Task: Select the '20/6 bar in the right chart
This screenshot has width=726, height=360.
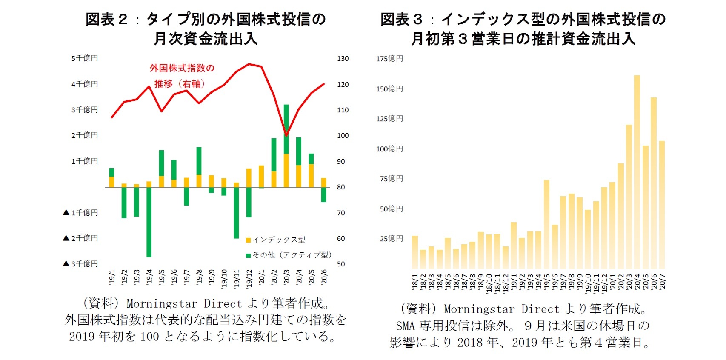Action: pyautogui.click(x=654, y=183)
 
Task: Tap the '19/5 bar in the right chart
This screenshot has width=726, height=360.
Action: pyautogui.click(x=547, y=224)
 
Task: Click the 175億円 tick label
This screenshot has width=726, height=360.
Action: pyautogui.click(x=389, y=59)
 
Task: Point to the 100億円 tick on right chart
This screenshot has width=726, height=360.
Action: pyautogui.click(x=389, y=149)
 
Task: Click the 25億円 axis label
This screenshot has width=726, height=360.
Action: pyautogui.click(x=391, y=239)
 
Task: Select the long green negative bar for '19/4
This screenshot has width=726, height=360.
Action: pyautogui.click(x=149, y=222)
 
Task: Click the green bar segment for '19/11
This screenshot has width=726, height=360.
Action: pyautogui.click(x=236, y=213)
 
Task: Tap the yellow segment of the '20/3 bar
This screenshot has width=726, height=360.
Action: pyautogui.click(x=286, y=170)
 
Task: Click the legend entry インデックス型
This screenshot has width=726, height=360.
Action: pyautogui.click(x=279, y=240)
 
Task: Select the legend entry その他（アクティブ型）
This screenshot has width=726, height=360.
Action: pyautogui.click(x=292, y=255)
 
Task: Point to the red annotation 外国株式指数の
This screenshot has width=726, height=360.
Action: pyautogui.click(x=182, y=68)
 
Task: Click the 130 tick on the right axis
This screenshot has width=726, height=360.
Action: pyautogui.click(x=343, y=59)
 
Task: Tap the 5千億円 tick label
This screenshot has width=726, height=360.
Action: pyautogui.click(x=85, y=58)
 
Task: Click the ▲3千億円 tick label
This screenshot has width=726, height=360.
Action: pyautogui.click(x=80, y=264)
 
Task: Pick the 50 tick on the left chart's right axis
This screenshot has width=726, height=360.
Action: pyautogui.click(x=341, y=264)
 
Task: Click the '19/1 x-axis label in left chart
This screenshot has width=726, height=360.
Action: pyautogui.click(x=112, y=277)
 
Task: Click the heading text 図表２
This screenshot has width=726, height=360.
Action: pyautogui.click(x=106, y=20)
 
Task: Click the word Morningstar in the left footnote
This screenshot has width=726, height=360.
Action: pyautogui.click(x=162, y=304)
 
